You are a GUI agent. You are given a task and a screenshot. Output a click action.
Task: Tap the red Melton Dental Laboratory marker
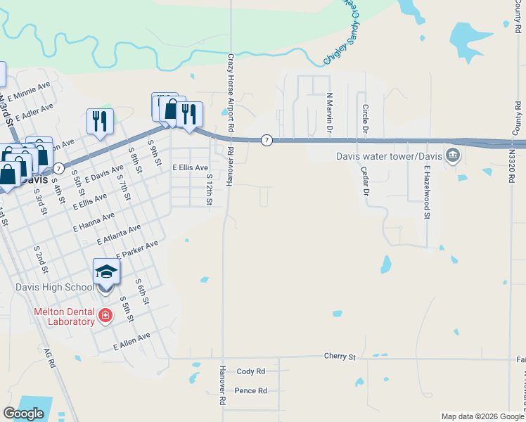click(x=105, y=315)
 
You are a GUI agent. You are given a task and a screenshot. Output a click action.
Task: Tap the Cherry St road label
click(x=340, y=357)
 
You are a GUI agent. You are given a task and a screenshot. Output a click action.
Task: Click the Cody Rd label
click(x=251, y=371)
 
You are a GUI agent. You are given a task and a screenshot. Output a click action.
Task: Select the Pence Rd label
click(x=251, y=390)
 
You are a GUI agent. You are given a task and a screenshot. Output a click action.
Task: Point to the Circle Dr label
click(x=365, y=120)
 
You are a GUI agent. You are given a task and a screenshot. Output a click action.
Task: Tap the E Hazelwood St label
click(x=426, y=192)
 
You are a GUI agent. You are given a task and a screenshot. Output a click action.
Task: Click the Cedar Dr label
click(x=364, y=181)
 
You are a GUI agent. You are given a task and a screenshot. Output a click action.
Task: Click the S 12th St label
click(x=210, y=191)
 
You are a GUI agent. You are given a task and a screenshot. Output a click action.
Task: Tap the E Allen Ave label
click(x=132, y=342)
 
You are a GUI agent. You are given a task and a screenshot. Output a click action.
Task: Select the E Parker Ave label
click(x=137, y=249)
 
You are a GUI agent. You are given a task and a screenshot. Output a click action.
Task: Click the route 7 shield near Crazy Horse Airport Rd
click(x=267, y=140)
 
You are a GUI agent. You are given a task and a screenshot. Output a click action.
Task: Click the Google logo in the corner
click(x=24, y=414)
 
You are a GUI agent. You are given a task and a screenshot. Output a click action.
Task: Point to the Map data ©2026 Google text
click(x=482, y=416)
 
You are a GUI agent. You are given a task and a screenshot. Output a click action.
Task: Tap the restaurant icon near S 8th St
click(x=100, y=120)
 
